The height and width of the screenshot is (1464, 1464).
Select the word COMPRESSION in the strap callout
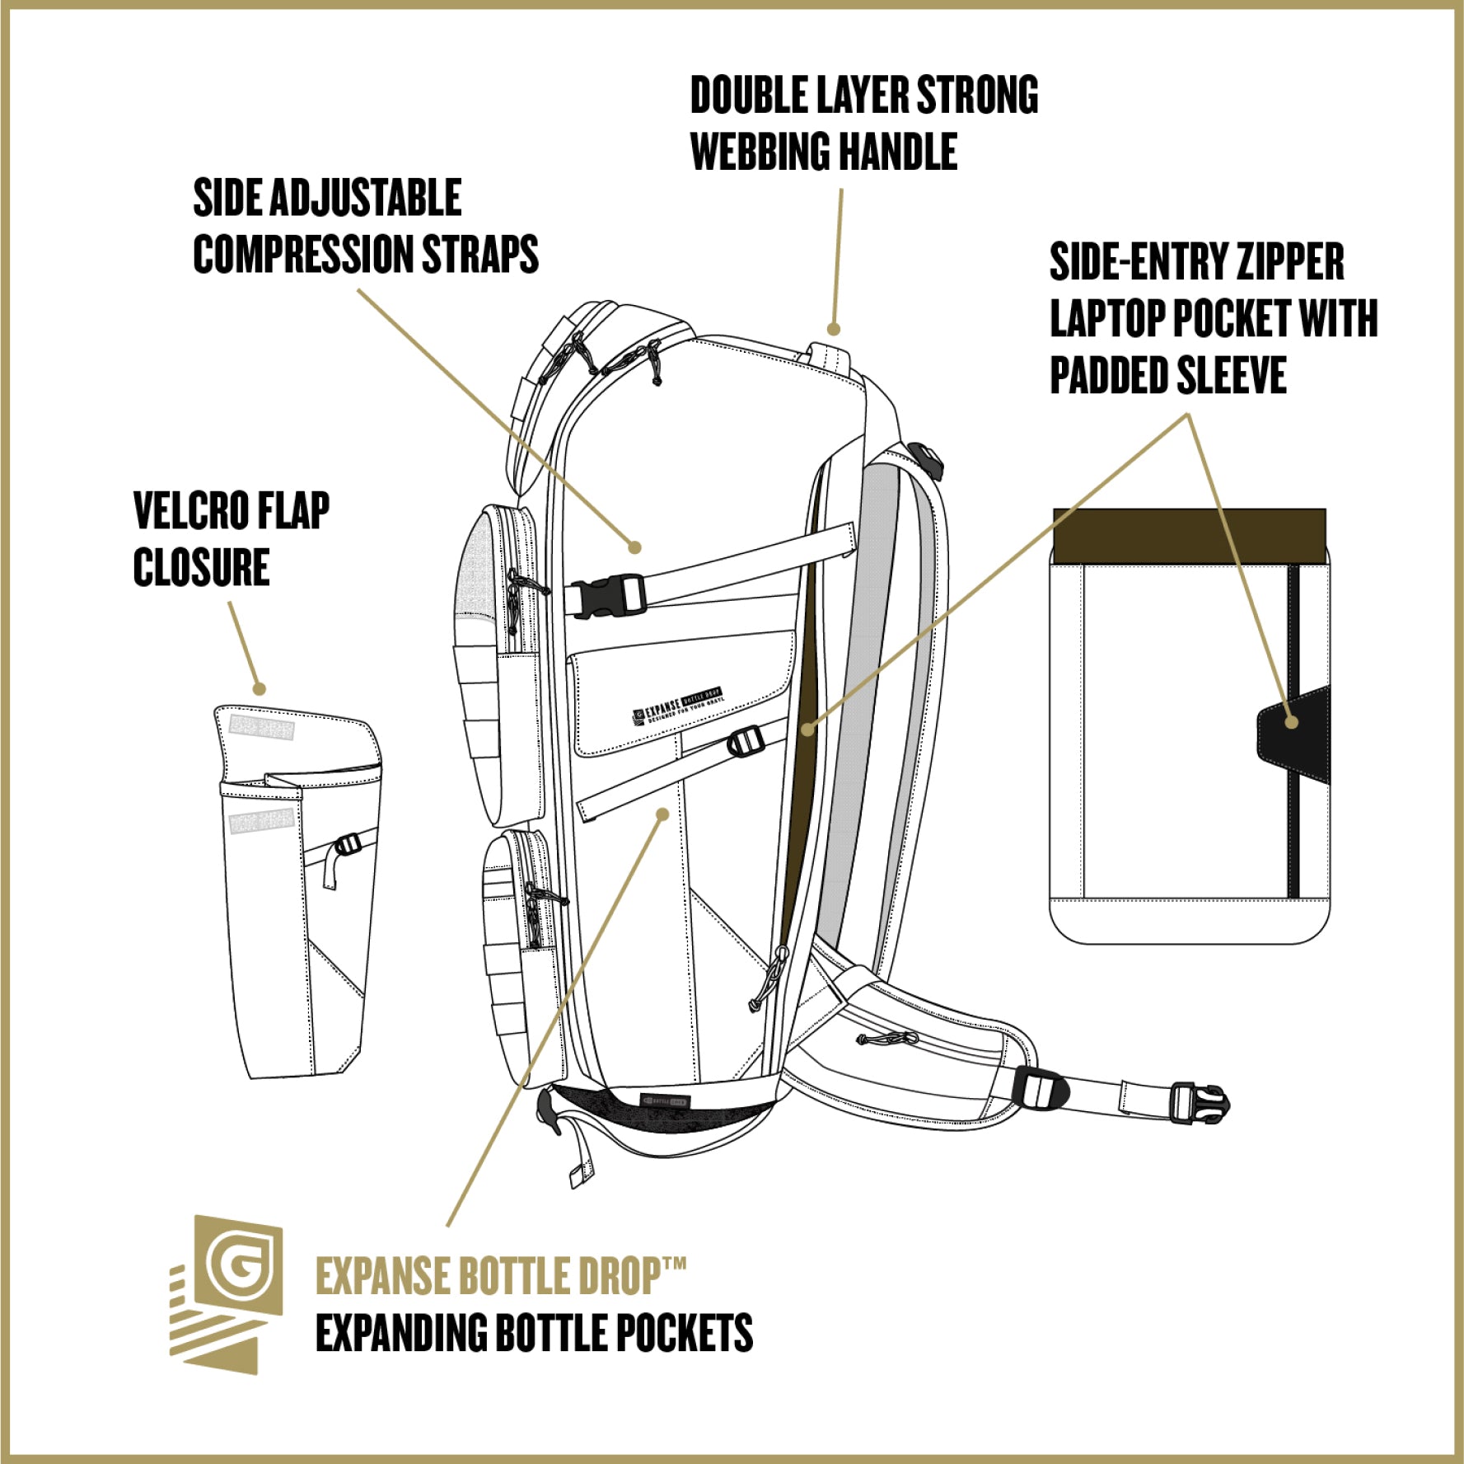[x=305, y=254]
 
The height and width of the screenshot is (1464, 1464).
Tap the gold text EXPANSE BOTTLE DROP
[x=498, y=1276]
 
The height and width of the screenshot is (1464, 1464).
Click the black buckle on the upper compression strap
[x=606, y=596]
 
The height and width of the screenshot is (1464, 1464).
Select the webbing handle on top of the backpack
[x=828, y=357]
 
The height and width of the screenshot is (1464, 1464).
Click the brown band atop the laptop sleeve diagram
[x=1189, y=536]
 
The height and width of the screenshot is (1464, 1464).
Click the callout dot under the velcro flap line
[x=259, y=688]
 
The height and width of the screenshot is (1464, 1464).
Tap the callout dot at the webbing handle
[x=834, y=329]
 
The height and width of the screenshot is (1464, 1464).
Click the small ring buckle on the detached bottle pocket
[x=347, y=845]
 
